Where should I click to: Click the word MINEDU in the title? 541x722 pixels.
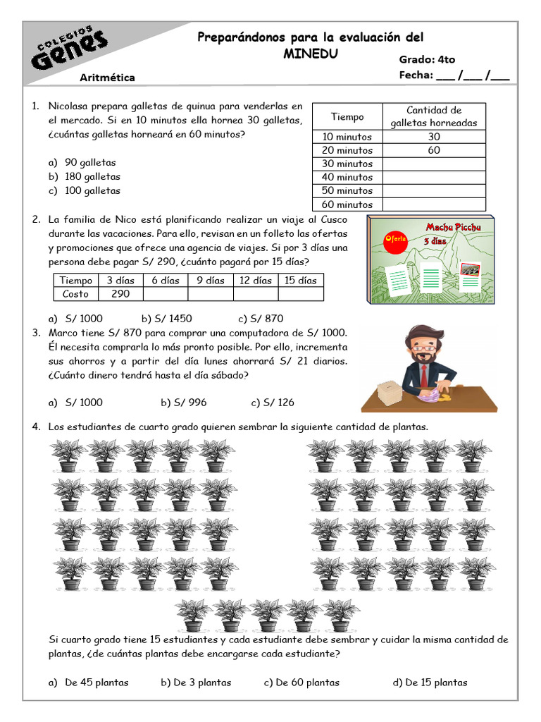[x=310, y=54]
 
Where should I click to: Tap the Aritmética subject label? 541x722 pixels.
[x=108, y=78]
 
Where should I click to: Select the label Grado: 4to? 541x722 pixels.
[x=427, y=60]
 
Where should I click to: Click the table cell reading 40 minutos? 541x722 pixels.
[x=347, y=177]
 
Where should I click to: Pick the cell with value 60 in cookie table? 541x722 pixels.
[x=434, y=150]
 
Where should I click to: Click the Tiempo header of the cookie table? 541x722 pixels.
[x=347, y=116]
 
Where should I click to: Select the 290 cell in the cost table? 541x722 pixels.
[x=120, y=294]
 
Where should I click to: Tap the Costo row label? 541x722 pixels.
[x=76, y=294]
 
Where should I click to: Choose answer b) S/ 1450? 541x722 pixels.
[x=167, y=318]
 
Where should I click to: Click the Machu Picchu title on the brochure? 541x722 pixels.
[x=453, y=228]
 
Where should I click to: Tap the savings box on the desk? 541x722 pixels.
[x=388, y=394]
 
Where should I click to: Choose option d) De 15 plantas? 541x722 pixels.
[x=430, y=682]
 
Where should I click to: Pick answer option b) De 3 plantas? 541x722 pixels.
[x=196, y=682]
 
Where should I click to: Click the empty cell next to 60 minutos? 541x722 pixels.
[x=434, y=204]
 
